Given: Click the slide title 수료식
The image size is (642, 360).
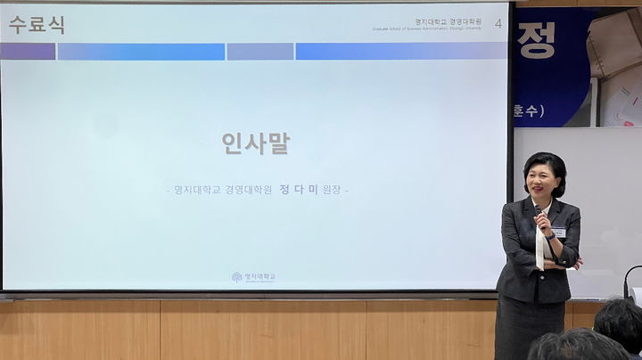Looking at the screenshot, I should [x=37, y=25].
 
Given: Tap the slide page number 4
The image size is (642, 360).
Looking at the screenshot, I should [x=498, y=23].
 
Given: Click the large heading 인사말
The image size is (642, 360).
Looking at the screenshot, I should [x=256, y=144].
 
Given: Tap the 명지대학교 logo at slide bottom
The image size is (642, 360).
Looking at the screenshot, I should [x=254, y=277].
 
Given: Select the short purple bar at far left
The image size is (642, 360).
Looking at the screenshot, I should [x=28, y=52].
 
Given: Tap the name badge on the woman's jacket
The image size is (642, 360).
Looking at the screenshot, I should [x=558, y=232].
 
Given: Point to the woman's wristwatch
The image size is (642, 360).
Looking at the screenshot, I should [x=571, y=264].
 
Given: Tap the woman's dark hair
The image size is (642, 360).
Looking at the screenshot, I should [x=546, y=162].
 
